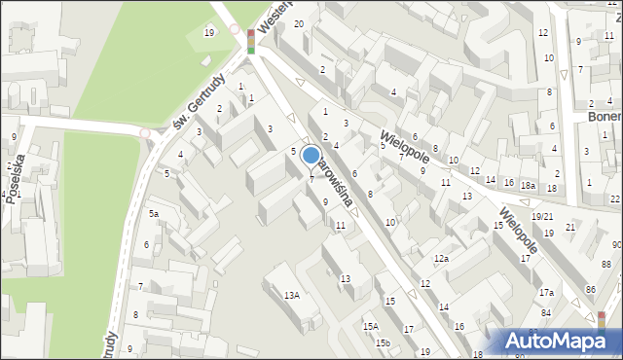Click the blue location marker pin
(x=311, y=156)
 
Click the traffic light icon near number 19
(x=251, y=41)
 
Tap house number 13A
(x=291, y=295)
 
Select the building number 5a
(x=153, y=214)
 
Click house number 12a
(x=441, y=259)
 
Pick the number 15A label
(x=370, y=327)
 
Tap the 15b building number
(x=384, y=342)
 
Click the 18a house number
(x=528, y=185)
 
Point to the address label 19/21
(x=542, y=216)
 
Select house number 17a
(x=546, y=293)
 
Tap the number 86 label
(x=590, y=291)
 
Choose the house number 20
(x=299, y=23)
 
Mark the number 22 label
(x=614, y=198)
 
